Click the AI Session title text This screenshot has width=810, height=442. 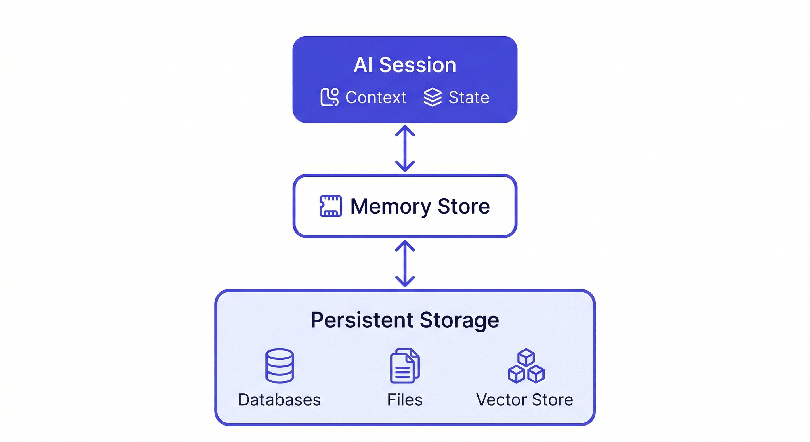pyautogui.click(x=405, y=65)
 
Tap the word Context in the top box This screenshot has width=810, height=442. pyautogui.click(x=376, y=97)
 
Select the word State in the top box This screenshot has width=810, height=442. pyautogui.click(x=469, y=97)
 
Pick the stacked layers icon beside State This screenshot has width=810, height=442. pyautogui.click(x=432, y=97)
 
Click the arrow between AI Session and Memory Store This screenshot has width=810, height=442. pyautogui.click(x=405, y=148)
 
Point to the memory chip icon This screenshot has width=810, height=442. pyautogui.click(x=331, y=206)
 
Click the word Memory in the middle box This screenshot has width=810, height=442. pyautogui.click(x=391, y=206)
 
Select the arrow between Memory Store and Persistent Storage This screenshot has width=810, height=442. pyautogui.click(x=405, y=264)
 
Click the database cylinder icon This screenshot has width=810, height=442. pyautogui.click(x=279, y=365)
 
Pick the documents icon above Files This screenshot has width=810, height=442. pyautogui.click(x=404, y=365)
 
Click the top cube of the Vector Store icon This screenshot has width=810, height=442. pyautogui.click(x=526, y=357)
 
